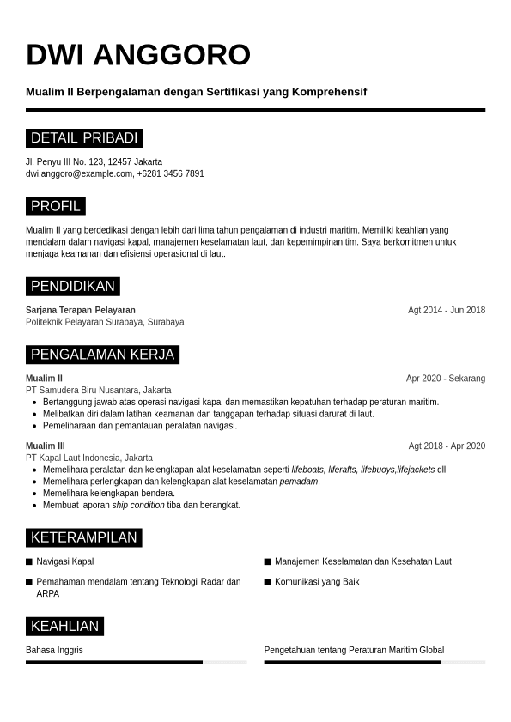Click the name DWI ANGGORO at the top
137,55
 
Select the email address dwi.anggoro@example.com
79,173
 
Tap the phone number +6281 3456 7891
171,173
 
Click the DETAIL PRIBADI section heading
84,138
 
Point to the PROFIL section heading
56,206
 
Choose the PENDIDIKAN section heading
73,287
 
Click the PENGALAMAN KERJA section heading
102,355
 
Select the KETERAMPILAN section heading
83,538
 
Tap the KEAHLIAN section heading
64,627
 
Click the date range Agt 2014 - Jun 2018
446,310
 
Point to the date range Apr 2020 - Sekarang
445,378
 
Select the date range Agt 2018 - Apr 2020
447,446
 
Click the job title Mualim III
46,446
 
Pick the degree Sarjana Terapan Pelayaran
81,310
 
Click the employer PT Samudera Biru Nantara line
98,390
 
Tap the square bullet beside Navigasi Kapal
29,562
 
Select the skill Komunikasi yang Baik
317,582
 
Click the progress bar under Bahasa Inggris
136,662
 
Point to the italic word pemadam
299,482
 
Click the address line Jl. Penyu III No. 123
94,161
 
